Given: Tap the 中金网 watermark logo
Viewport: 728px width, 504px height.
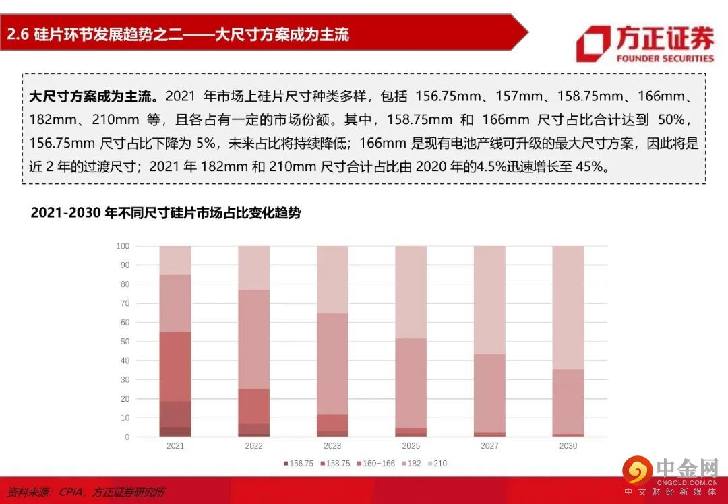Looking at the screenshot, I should click(636, 470).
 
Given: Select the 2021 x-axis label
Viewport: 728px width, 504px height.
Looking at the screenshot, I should click(175, 446).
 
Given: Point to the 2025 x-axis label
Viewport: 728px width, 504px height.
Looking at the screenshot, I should click(411, 446).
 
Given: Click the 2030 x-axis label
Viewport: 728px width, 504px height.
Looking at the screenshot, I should click(568, 446).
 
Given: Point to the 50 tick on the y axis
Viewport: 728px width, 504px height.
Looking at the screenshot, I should click(124, 342).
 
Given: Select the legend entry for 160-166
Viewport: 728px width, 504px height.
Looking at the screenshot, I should click(375, 464).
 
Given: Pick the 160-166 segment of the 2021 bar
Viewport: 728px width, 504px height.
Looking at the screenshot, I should click(175, 366).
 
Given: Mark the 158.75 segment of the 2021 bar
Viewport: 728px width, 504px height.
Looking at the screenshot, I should click(175, 414).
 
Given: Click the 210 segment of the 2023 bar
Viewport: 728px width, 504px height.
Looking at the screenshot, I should click(332, 279).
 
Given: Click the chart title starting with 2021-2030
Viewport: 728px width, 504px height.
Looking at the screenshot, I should click(166, 213).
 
